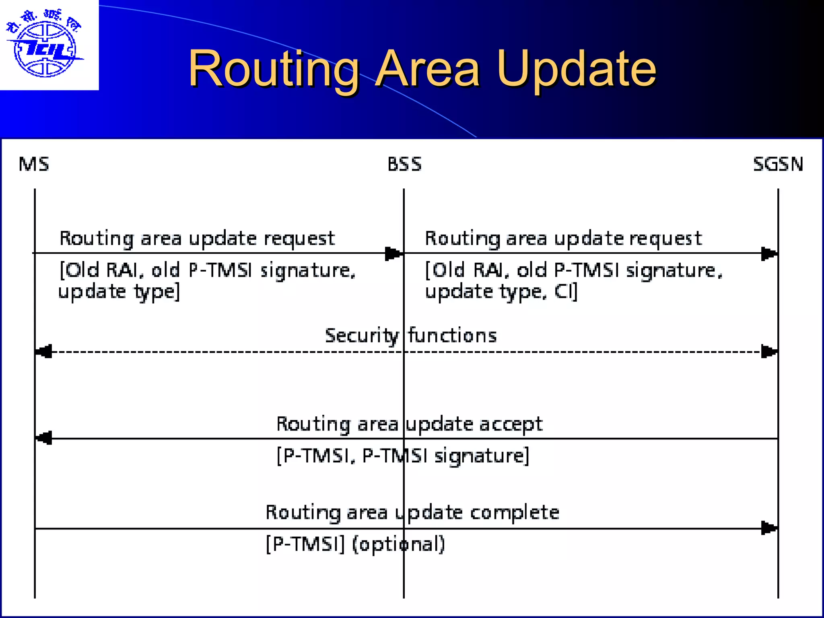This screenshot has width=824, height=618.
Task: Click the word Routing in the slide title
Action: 274,69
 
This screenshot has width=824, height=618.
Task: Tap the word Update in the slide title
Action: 576,69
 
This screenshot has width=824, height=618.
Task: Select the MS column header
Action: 34,164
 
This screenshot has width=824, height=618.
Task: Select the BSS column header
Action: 404,164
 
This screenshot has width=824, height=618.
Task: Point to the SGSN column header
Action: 778,164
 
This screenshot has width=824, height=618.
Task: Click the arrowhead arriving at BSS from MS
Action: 393,253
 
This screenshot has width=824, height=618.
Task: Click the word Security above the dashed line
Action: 362,336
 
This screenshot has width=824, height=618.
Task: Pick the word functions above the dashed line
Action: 453,335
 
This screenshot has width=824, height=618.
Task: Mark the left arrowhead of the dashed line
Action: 44,352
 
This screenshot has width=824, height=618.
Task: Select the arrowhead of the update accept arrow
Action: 44,438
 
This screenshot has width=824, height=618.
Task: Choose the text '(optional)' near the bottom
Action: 398,544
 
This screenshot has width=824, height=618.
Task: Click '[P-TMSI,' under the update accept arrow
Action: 316,456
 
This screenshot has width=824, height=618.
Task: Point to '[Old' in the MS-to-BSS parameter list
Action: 79,270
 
